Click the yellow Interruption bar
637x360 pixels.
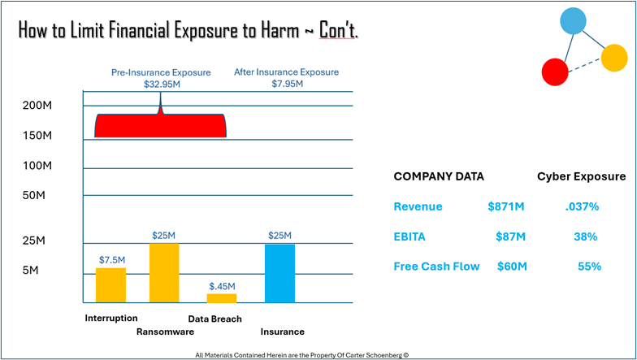[110, 285]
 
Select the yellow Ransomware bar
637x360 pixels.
[164, 273]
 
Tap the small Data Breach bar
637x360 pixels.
[222, 298]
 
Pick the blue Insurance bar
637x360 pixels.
[279, 273]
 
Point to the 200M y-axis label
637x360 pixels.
[37, 106]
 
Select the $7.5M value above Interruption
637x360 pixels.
[112, 260]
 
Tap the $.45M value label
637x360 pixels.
[222, 286]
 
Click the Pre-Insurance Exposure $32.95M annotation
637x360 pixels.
[160, 78]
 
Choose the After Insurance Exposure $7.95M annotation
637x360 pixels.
[286, 78]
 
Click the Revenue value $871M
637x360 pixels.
[505, 207]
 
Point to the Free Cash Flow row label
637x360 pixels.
[436, 267]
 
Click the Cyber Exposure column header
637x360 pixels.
[581, 176]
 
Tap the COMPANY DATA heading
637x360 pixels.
[438, 176]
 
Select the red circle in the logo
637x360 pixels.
[555, 72]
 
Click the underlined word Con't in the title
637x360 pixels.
[337, 32]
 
